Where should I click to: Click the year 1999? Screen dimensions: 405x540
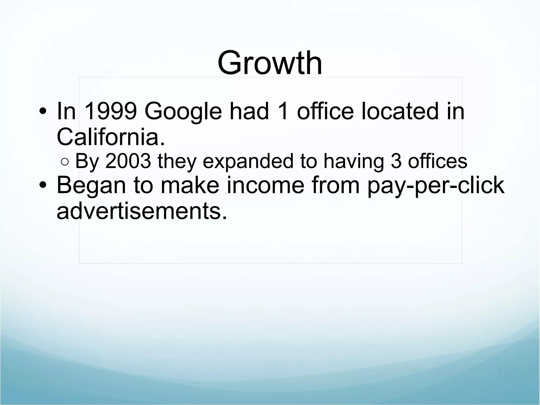click(x=111, y=111)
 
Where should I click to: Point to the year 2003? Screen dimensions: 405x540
click(x=128, y=161)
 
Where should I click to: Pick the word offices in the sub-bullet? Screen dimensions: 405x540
click(x=437, y=161)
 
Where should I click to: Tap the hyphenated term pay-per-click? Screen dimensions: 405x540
click(x=436, y=186)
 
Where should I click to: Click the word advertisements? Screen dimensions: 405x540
click(x=142, y=211)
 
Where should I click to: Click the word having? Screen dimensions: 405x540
click(x=354, y=161)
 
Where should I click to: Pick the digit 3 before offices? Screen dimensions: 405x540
click(x=396, y=161)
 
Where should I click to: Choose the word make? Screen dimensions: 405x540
click(x=190, y=185)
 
